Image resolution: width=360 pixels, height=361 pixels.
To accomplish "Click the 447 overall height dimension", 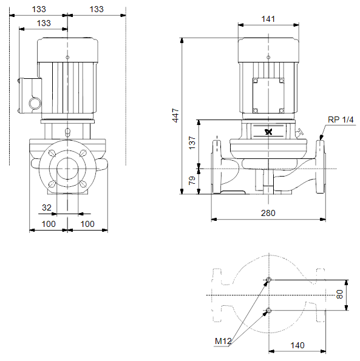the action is [x=175, y=115].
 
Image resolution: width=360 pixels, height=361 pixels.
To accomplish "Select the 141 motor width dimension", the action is [x=268, y=19].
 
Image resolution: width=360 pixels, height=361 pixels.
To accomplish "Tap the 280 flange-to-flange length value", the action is [x=268, y=213].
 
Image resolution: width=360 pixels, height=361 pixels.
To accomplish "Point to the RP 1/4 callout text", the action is [x=341, y=120].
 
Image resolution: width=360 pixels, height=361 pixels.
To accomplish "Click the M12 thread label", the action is [x=223, y=341].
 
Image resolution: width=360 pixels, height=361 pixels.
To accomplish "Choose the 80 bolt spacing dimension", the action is [x=339, y=294].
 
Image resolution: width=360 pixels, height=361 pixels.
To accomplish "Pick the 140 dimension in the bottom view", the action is [x=297, y=345].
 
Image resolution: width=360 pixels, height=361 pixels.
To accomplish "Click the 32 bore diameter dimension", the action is [x=47, y=207].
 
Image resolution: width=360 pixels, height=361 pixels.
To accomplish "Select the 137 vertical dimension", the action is [x=192, y=143].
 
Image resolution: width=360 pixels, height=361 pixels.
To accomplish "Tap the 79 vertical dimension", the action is [x=192, y=181].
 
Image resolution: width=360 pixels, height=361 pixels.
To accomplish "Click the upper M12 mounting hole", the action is [x=268, y=280].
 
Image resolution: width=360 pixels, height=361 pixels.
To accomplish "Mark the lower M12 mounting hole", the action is [x=268, y=311].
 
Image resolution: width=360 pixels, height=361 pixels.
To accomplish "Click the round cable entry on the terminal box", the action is [x=35, y=103].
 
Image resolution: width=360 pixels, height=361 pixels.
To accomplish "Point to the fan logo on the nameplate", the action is [x=268, y=132].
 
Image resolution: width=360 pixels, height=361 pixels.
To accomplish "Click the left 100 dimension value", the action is [x=49, y=224].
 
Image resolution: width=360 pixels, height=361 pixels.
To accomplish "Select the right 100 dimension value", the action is [x=87, y=224].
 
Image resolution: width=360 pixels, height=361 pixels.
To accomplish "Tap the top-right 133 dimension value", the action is [x=97, y=9].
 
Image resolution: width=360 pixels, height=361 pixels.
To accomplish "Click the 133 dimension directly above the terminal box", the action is [x=44, y=23].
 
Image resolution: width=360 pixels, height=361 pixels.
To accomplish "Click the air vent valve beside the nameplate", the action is [x=299, y=133].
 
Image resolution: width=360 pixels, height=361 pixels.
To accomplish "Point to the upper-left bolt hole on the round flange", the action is [x=52, y=153].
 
